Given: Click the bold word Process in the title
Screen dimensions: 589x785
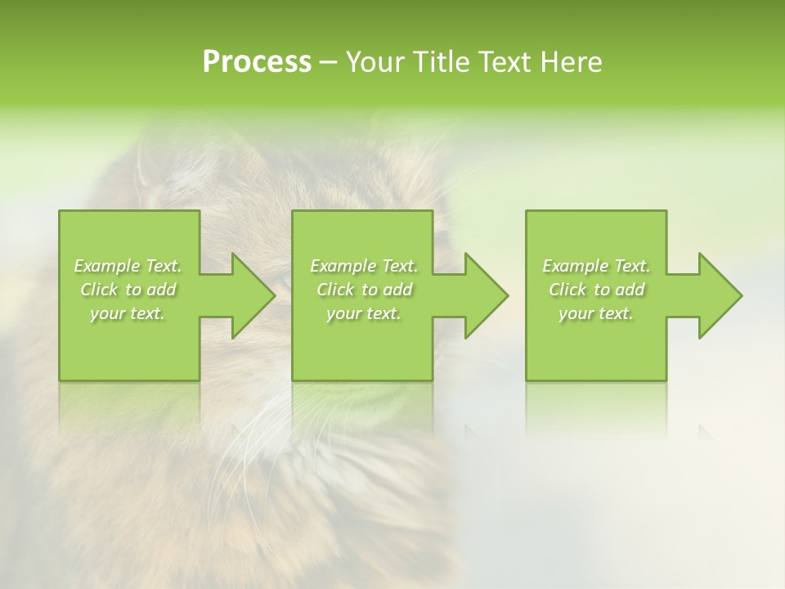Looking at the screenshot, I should click(x=257, y=62).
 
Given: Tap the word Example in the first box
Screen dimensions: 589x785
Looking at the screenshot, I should click(x=106, y=266).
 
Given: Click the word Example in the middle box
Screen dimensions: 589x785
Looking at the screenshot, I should click(x=343, y=266).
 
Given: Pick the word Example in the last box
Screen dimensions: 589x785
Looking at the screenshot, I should click(x=575, y=266).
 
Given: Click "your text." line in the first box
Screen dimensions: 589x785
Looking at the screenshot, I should click(x=128, y=313).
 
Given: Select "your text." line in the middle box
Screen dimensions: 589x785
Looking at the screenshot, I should click(x=364, y=313).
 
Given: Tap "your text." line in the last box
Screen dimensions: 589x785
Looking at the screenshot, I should click(x=596, y=313).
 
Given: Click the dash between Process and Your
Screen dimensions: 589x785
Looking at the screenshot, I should click(x=329, y=63).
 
